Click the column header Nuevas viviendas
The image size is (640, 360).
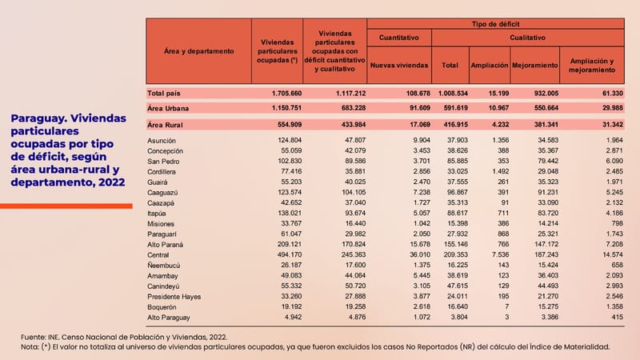(x=399, y=66)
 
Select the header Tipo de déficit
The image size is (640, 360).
(x=495, y=24)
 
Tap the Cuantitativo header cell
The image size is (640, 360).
(x=398, y=38)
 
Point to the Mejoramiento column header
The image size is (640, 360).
(x=534, y=66)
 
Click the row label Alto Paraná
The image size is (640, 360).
(x=165, y=245)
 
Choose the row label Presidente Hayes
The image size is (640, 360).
(x=174, y=297)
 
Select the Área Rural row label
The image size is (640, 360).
(x=165, y=125)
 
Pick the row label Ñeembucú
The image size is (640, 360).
(x=163, y=266)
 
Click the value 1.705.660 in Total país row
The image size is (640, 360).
(x=286, y=94)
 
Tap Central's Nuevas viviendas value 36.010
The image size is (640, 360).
(x=420, y=254)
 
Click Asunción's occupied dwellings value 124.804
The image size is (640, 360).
(x=290, y=140)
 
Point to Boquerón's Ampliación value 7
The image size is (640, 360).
(x=507, y=306)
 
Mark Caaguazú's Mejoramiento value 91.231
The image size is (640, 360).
(x=546, y=192)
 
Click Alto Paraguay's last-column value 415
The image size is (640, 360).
(x=617, y=317)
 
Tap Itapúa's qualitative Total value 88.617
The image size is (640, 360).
(x=455, y=213)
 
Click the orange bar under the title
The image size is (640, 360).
(x=66, y=206)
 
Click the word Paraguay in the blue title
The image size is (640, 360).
(x=39, y=118)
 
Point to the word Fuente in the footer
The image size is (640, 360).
(x=33, y=338)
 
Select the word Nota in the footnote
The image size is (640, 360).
(x=29, y=347)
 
